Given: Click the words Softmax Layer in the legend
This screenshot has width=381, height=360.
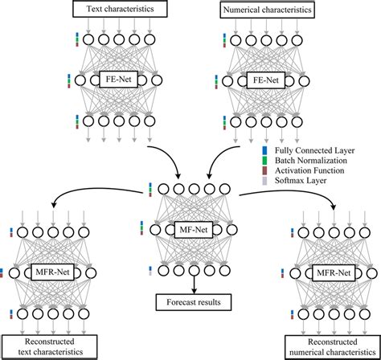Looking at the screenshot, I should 301,182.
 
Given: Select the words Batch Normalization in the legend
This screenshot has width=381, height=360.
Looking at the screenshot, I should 310,160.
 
